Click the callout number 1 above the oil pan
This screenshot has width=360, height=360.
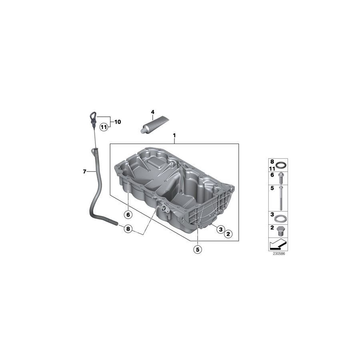[174, 136]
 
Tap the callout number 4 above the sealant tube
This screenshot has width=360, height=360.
[152, 112]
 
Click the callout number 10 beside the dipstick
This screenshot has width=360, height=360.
[118, 122]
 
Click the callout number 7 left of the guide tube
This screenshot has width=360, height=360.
[84, 172]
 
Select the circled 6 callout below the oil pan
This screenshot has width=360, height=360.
[128, 215]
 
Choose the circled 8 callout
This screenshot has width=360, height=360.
[128, 229]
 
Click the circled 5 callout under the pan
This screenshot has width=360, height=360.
[197, 249]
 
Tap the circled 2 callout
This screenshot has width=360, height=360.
[228, 233]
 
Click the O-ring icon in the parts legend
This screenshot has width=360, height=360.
[282, 165]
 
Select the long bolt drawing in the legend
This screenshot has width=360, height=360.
[281, 198]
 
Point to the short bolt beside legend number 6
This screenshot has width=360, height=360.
[281, 176]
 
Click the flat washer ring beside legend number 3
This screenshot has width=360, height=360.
[282, 218]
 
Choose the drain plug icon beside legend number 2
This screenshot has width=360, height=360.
[281, 231]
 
